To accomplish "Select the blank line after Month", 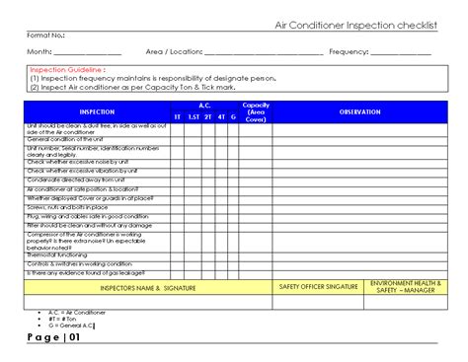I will (88, 52).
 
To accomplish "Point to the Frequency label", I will (348, 51).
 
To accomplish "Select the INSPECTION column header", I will (96, 112).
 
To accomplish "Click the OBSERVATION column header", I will (359, 112).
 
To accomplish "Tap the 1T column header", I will (178, 116).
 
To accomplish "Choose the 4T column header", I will (221, 116).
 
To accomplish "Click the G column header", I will (233, 116).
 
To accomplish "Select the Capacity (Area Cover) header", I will (256, 111).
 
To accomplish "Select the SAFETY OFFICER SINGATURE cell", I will (319, 286).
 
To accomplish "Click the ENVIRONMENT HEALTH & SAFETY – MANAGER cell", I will (405, 286).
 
